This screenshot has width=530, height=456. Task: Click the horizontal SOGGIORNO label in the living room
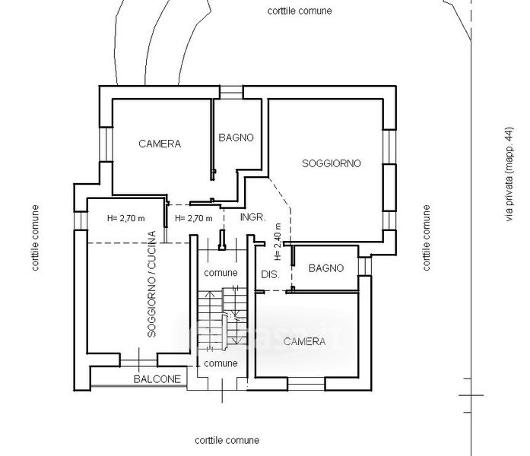[x=331, y=163]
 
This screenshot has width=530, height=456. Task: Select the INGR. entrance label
[x=252, y=217]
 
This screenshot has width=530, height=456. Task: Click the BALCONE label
[x=157, y=378]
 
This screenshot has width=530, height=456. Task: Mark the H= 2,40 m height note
[x=279, y=242]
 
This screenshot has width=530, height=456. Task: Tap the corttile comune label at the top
[x=300, y=11]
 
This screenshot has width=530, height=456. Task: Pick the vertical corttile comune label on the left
[x=35, y=238]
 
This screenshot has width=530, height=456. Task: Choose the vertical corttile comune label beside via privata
[x=427, y=238]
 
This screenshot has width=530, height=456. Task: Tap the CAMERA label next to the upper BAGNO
[x=159, y=144]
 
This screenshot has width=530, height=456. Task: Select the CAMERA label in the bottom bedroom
[x=304, y=342]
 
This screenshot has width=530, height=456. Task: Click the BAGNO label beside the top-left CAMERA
[x=236, y=138]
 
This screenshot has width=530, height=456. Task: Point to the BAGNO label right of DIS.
[x=327, y=268]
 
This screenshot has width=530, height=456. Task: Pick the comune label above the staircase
[x=221, y=272]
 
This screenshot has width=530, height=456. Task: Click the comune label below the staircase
[x=221, y=363]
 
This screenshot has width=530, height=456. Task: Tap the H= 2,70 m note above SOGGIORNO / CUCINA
[x=126, y=218]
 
